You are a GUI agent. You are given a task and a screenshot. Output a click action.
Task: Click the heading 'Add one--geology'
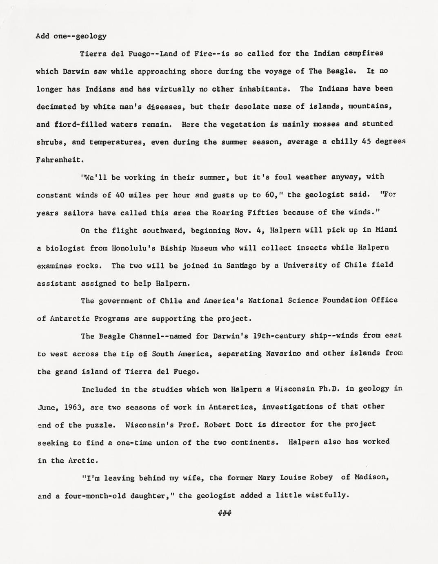71,36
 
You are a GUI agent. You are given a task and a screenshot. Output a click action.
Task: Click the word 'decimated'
56,107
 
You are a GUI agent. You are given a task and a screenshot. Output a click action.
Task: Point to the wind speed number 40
120,195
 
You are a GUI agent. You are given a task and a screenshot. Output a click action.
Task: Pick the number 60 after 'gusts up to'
269,195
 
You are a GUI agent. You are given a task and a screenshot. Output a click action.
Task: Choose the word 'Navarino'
284,354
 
